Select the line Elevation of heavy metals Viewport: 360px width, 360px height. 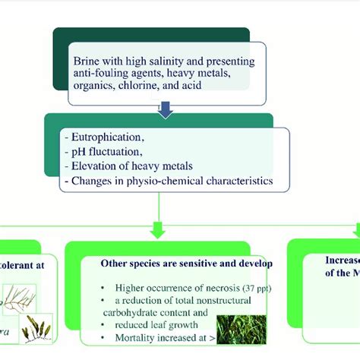click(130, 166)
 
